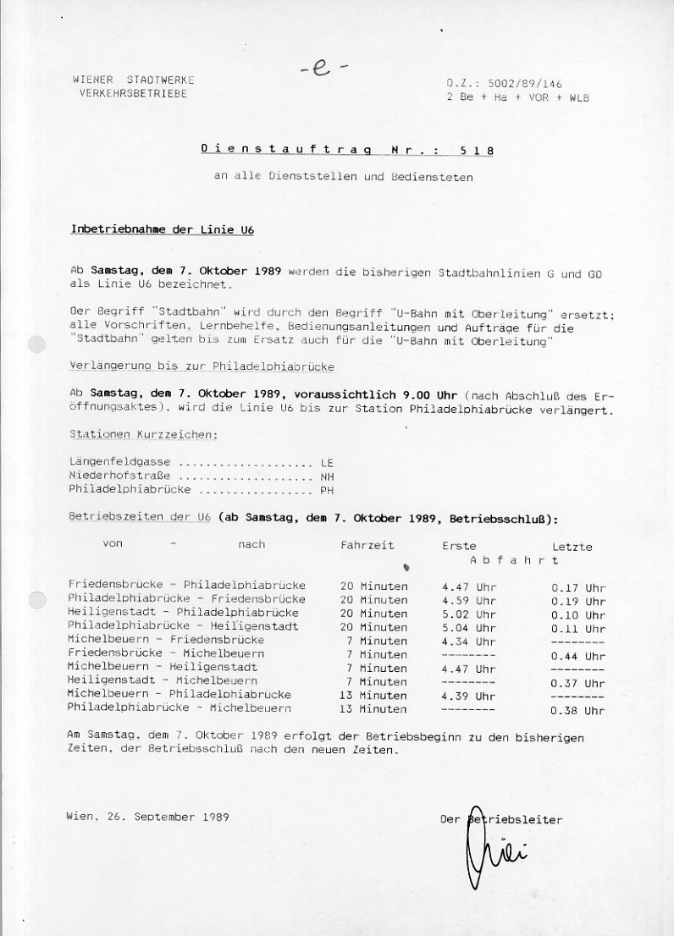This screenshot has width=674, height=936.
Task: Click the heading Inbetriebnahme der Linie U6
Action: pyautogui.click(x=162, y=230)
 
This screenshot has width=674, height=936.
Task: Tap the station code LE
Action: pyautogui.click(x=327, y=463)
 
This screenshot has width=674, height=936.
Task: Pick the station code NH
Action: pyautogui.click(x=327, y=476)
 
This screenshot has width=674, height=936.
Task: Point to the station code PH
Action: pyautogui.click(x=327, y=490)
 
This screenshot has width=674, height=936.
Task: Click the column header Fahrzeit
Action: pyautogui.click(x=367, y=545)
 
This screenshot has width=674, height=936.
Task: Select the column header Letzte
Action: pyautogui.click(x=572, y=547)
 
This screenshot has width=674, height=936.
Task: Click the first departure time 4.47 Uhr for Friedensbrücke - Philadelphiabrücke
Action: pyautogui.click(x=468, y=586)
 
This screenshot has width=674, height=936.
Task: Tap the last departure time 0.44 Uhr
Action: pyautogui.click(x=577, y=656)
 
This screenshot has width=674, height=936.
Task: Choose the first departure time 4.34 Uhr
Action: pyautogui.click(x=468, y=641)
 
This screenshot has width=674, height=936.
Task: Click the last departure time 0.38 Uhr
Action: pyautogui.click(x=577, y=711)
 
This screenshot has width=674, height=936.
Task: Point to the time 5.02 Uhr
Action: pyautogui.click(x=468, y=614)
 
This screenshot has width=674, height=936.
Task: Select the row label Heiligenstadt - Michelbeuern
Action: pyautogui.click(x=163, y=680)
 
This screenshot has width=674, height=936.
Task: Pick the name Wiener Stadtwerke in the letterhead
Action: pyautogui.click(x=133, y=80)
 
